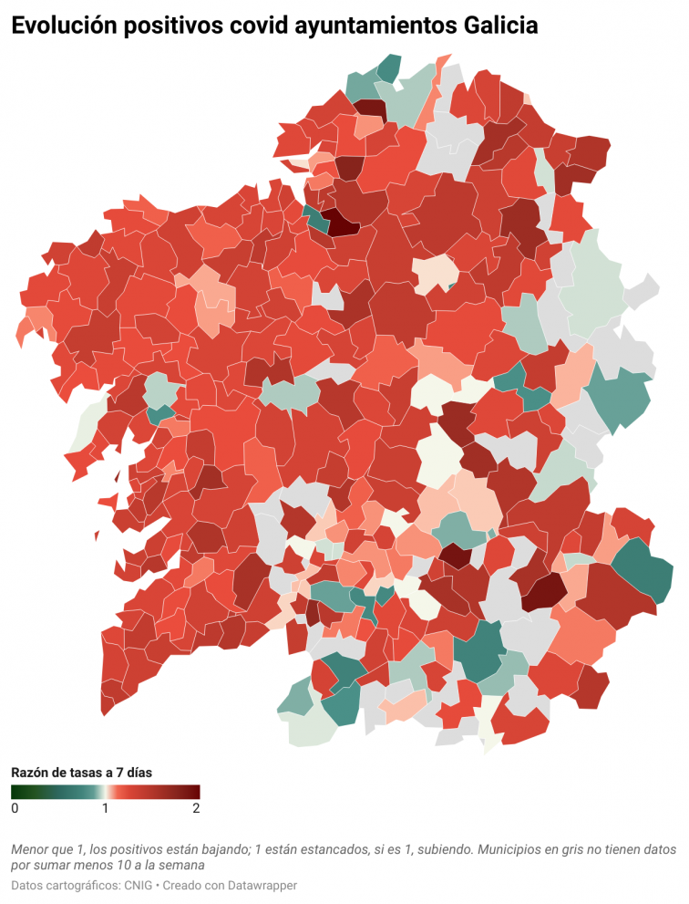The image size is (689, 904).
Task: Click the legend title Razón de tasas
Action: pyautogui.click(x=80, y=772)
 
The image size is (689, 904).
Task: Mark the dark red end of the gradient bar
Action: pyautogui.click(x=195, y=792)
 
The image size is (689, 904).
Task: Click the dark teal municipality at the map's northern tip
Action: pyautogui.click(x=390, y=68)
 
